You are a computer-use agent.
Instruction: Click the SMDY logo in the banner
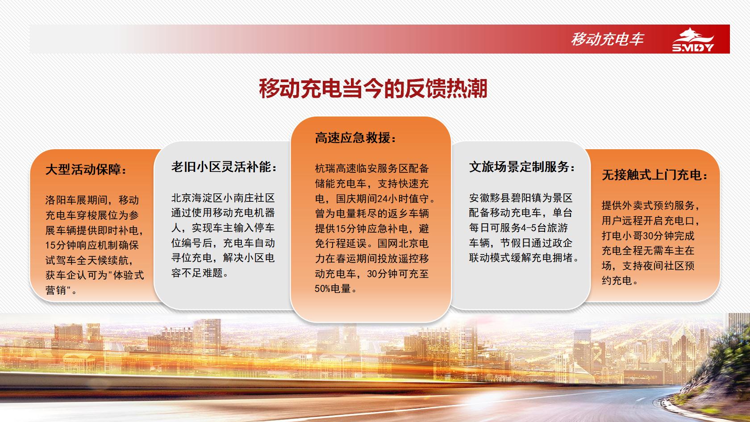click(693, 39)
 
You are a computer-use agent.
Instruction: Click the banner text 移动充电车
click(607, 39)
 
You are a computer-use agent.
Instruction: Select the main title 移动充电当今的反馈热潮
click(373, 88)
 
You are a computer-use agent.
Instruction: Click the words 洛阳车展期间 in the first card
click(76, 200)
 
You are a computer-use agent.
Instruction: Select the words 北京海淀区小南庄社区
click(223, 198)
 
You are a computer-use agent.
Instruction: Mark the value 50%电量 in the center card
click(333, 288)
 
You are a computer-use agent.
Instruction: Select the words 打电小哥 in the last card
click(622, 235)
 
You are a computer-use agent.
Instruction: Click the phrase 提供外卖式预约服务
click(648, 205)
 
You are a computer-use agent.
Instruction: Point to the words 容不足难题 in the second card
click(197, 273)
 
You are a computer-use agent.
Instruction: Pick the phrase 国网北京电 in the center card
click(403, 243)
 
